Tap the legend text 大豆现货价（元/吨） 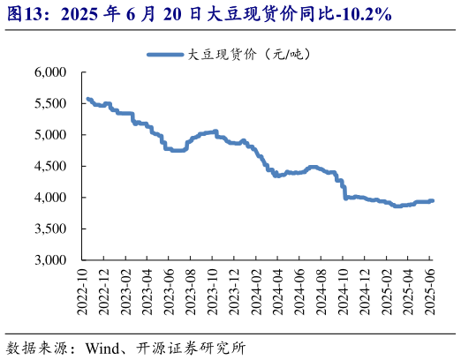click(x=249, y=55)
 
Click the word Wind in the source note click(x=103, y=347)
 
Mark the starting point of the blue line click(x=87, y=99)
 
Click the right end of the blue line click(x=432, y=200)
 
